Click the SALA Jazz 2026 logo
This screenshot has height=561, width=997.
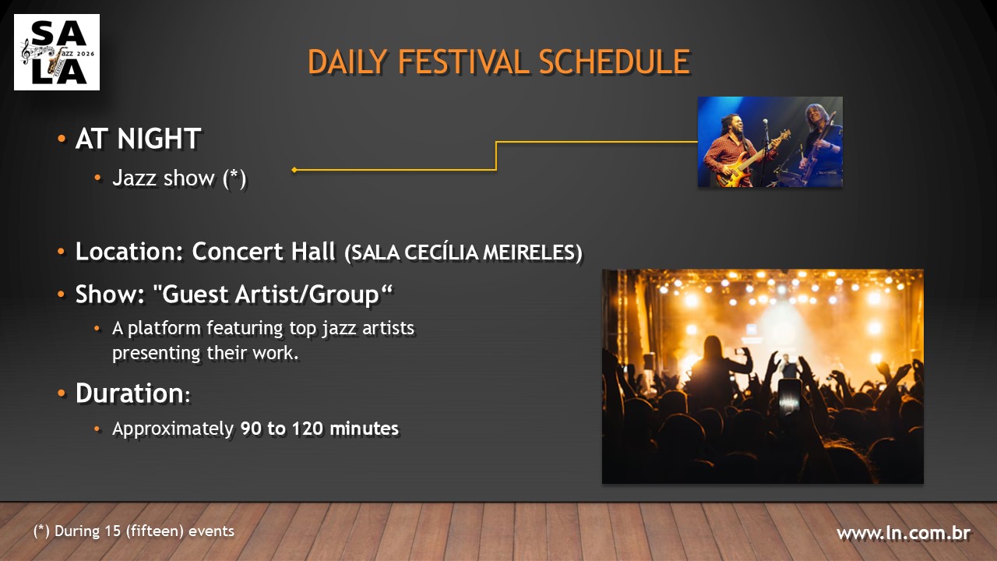click(x=57, y=52)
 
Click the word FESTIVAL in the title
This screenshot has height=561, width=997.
click(x=453, y=62)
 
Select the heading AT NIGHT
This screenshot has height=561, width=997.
click(x=138, y=139)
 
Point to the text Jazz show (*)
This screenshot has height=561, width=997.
click(x=179, y=178)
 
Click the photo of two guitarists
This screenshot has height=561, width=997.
click(x=770, y=142)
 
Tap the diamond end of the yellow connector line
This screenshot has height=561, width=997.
click(x=294, y=169)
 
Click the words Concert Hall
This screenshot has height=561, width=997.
click(x=264, y=252)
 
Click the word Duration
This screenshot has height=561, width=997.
click(x=129, y=393)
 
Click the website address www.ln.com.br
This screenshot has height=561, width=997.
click(x=903, y=534)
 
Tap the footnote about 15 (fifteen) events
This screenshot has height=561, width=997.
click(x=134, y=531)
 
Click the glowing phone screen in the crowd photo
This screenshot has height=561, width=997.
click(x=790, y=397)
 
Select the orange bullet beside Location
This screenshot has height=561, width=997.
click(x=61, y=253)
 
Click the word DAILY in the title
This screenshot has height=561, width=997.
click(x=348, y=62)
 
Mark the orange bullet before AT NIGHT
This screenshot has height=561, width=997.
click(x=61, y=139)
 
